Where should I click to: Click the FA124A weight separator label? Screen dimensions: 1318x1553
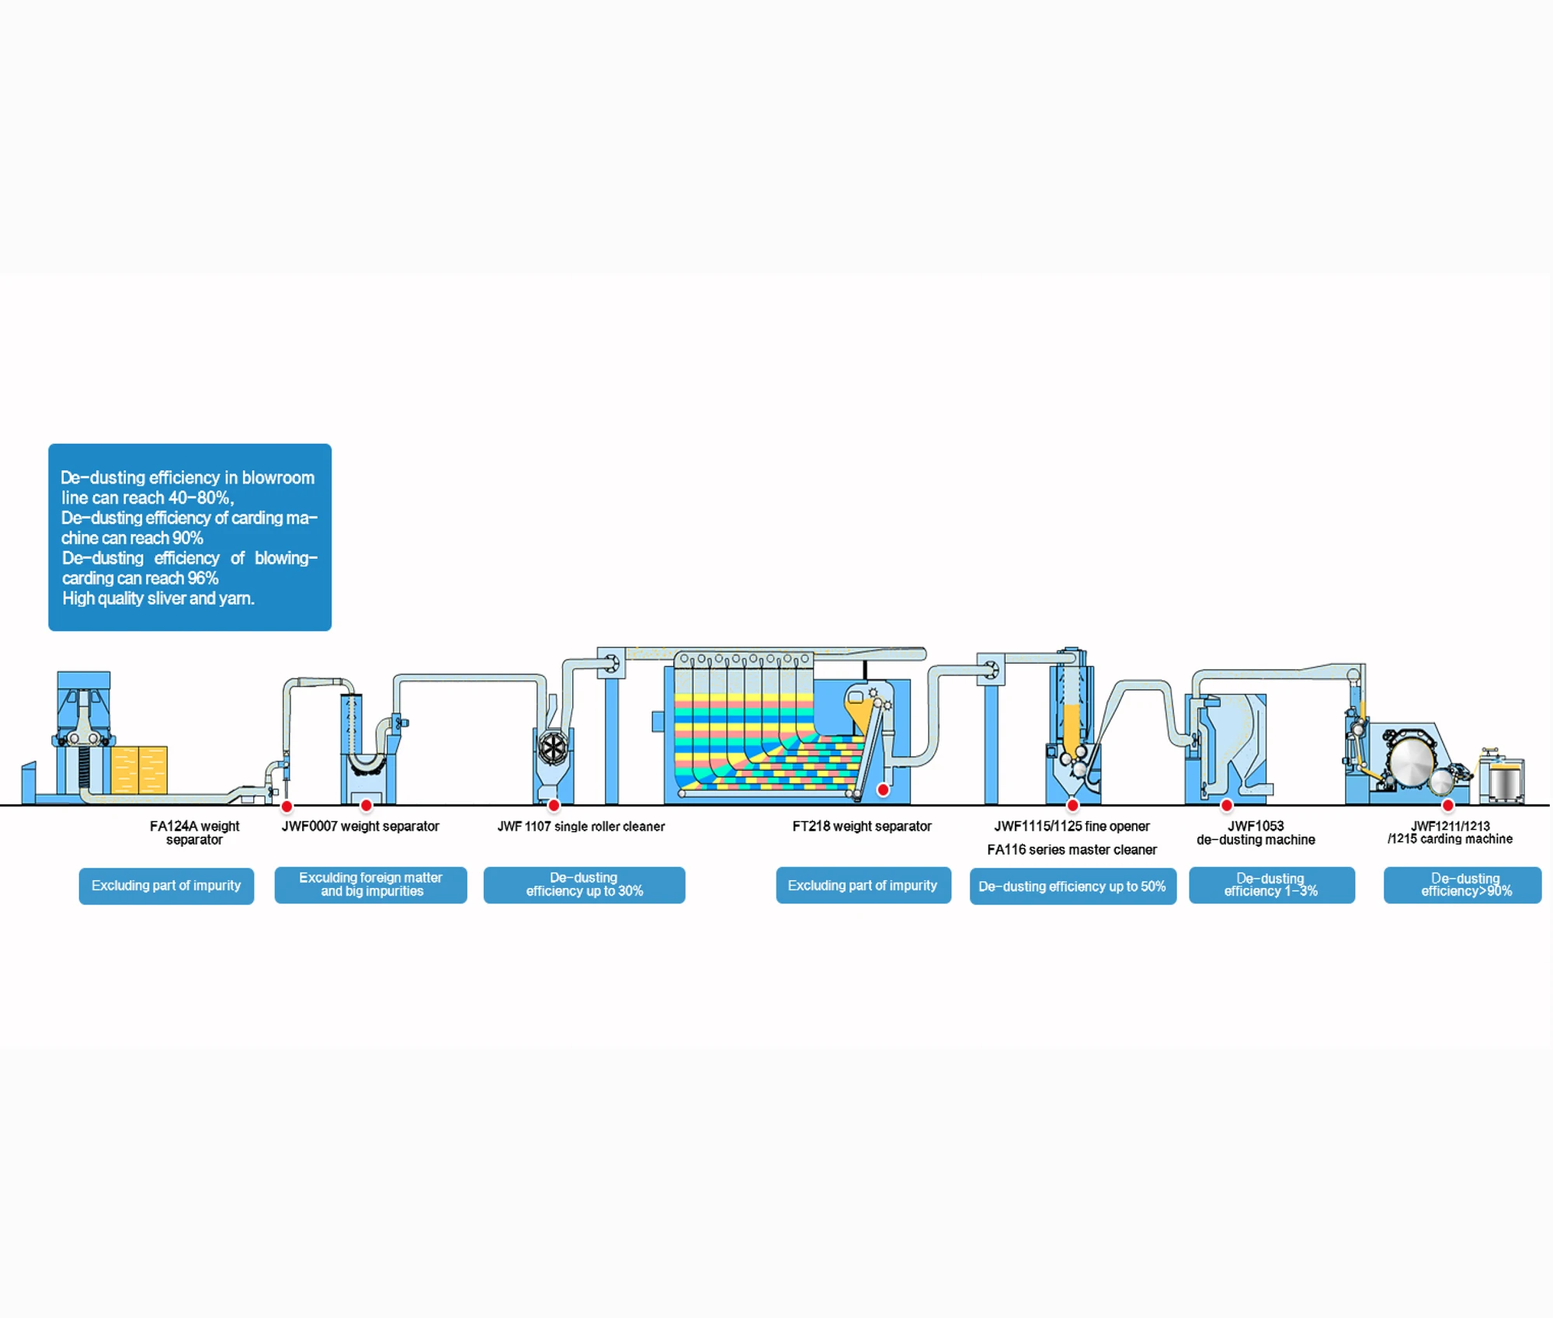194,832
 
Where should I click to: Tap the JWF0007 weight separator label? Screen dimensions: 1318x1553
360,826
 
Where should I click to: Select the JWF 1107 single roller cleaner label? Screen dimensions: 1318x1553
581,826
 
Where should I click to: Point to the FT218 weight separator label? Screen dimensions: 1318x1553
861,826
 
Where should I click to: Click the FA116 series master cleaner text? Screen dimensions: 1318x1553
1072,849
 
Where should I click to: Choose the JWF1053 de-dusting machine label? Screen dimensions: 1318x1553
1255,832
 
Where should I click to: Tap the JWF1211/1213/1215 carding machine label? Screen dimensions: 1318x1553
1449,832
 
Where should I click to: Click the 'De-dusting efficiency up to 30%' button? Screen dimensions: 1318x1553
584,885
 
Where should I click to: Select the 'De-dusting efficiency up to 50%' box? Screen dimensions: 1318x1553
1072,886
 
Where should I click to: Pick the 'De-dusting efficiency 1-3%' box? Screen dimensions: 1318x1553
1271,885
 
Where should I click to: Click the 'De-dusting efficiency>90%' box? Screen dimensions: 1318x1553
1462,885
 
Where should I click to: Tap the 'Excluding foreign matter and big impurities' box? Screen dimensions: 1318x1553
370,885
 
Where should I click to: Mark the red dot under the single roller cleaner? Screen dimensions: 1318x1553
554,805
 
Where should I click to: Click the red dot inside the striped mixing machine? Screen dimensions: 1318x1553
883,789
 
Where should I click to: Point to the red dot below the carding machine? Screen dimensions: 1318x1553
1447,805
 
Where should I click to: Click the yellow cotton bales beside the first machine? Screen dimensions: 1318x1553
139,769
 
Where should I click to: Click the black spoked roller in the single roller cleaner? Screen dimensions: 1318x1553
553,748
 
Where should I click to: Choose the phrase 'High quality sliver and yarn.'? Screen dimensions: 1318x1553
158,598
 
